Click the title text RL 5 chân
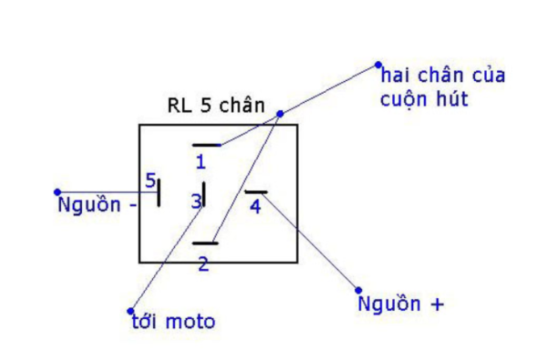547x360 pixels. pos(215,105)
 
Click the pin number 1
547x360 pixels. pos(201,163)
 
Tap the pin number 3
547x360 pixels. pos(195,201)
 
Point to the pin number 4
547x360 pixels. pos(254,207)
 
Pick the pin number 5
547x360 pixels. pos(150,180)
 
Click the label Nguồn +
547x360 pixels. pos(401,304)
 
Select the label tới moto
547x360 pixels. pos(173,322)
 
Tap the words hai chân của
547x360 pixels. pos(442,75)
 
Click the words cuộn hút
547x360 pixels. pos(424,98)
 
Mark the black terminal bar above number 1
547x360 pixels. pos(206,145)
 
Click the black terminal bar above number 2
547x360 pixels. pos(205,243)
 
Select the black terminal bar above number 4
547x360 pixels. pos(256,192)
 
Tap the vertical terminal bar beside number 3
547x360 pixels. pos(204,194)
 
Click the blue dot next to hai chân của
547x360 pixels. pos(377,65)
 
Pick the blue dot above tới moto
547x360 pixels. pos(131,311)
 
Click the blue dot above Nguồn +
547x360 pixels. pos(357,289)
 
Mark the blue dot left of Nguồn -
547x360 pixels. pos(57,192)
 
